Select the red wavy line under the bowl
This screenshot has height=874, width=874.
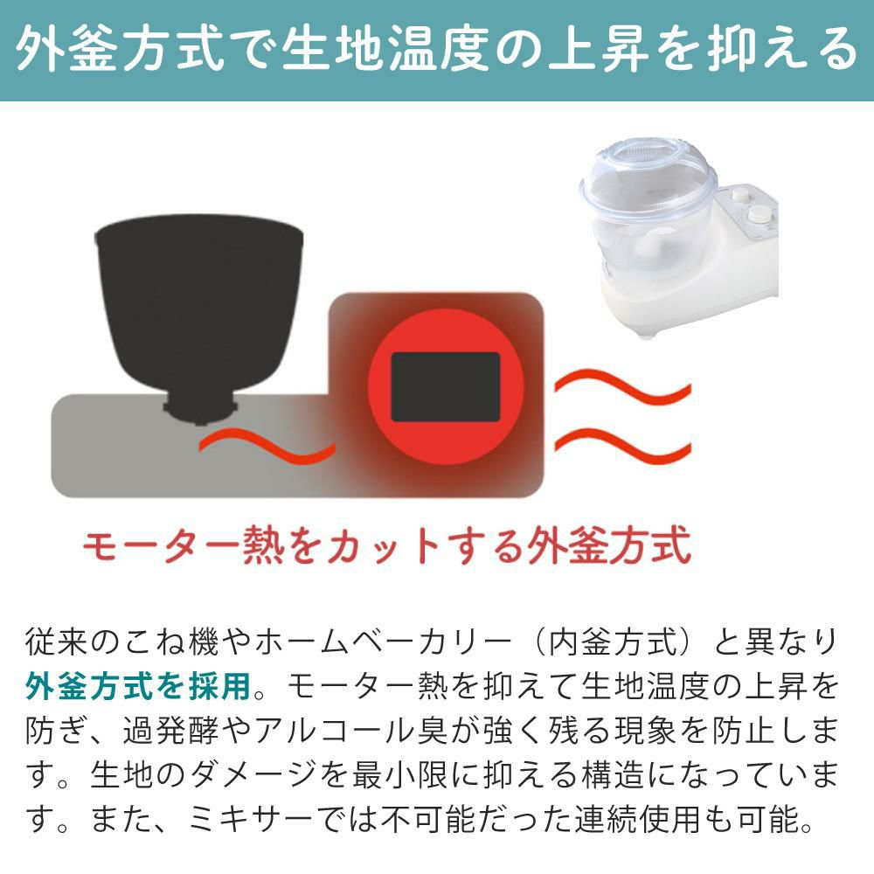click(x=267, y=446)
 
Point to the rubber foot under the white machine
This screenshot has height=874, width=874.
click(x=648, y=333)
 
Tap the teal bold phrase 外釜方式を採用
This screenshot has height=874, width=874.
click(x=139, y=685)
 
